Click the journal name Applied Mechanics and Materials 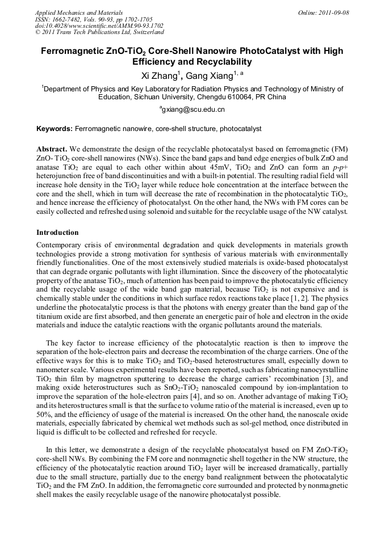[78, 12]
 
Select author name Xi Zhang [160, 76]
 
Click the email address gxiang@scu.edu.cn [193, 109]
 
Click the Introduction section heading [57, 233]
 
